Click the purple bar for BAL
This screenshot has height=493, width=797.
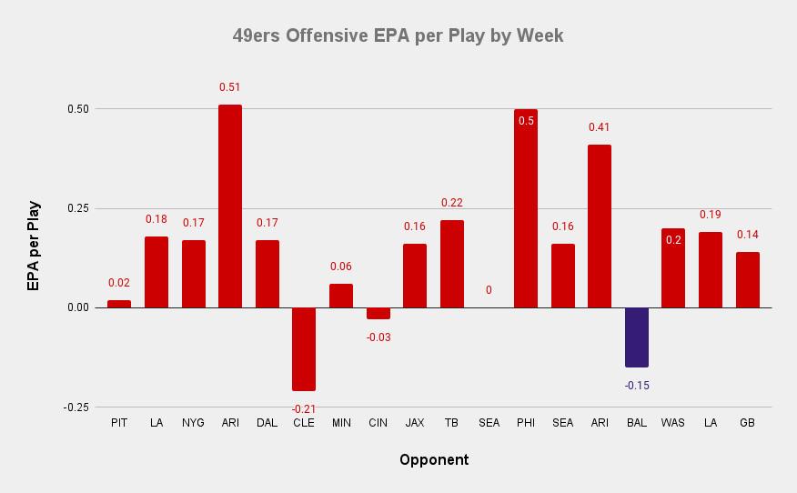(637, 337)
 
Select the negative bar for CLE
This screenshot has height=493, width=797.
(304, 349)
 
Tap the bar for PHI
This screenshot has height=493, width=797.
(526, 208)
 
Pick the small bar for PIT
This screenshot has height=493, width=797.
(119, 304)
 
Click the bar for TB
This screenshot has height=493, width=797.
(452, 264)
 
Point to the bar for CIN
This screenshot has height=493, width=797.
(378, 313)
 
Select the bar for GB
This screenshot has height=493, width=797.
(748, 280)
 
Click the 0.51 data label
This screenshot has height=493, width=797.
(230, 87)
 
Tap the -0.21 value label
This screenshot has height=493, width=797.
(304, 409)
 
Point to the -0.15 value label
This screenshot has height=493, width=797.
(637, 385)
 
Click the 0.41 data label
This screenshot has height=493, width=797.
(600, 127)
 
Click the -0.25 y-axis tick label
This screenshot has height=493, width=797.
(76, 407)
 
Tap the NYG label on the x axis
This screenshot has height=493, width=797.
(193, 423)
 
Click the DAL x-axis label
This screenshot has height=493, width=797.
(267, 423)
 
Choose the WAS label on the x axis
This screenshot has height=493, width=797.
(673, 423)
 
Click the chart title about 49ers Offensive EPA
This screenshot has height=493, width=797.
(398, 36)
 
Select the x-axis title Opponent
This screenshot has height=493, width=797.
(434, 460)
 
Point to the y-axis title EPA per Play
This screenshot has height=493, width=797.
(34, 246)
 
